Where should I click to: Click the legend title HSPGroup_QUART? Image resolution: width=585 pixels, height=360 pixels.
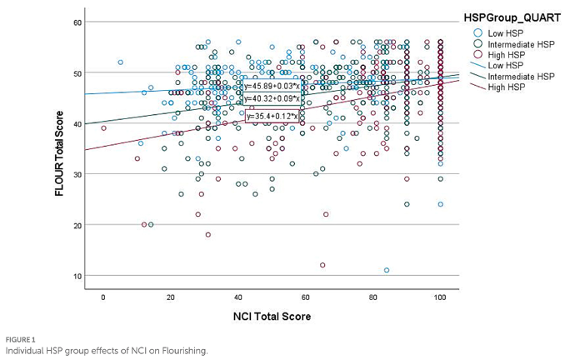coord(510,17)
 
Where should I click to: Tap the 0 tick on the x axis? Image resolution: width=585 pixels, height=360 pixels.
coord(103,297)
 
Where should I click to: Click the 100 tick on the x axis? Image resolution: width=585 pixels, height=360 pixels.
coord(440,297)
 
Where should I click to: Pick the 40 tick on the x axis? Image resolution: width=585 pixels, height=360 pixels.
coord(237,297)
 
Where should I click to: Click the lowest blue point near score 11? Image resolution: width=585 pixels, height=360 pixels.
coord(387,270)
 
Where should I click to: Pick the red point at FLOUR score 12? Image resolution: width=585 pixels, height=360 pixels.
coord(322,265)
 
